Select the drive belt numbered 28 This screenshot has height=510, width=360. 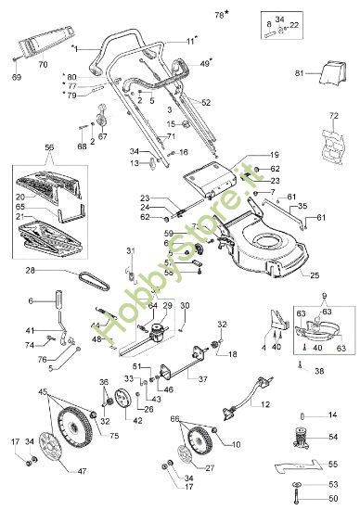pos(93,274)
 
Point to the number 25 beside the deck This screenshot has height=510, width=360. pos(314,276)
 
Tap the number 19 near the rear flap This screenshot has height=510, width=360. pos(275,155)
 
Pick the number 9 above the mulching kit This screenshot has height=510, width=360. pos(322,297)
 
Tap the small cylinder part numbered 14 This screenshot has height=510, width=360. pos(303,414)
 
